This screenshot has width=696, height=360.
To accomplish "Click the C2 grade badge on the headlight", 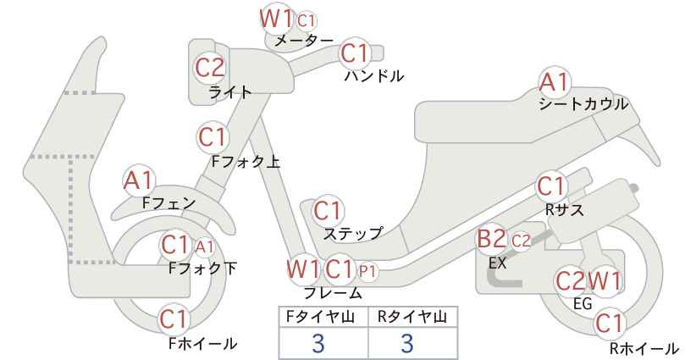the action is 210,69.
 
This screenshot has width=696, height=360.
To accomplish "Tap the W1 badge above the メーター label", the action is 276,19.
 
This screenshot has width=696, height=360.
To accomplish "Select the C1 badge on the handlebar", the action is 355,53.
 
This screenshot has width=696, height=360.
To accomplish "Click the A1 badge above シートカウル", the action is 555,83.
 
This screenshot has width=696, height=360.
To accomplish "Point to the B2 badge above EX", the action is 492,240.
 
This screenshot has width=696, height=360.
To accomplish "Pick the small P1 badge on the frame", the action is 367,271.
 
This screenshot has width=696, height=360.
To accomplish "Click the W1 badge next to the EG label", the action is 604,281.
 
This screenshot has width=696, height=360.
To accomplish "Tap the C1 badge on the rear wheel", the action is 610,324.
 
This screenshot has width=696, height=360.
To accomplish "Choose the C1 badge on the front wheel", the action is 175,319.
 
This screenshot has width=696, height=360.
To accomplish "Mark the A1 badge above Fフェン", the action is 139,181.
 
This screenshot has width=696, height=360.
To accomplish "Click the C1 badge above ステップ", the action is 328,211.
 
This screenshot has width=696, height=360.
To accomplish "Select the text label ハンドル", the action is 374,76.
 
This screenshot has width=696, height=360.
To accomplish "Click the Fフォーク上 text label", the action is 246,162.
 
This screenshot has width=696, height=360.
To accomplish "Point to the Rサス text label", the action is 564,209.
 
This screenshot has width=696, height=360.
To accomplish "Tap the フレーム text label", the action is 333,293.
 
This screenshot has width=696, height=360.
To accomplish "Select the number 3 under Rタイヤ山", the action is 407,344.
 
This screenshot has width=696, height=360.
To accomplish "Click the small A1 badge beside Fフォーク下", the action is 205,246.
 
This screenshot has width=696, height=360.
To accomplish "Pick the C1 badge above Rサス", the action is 552,187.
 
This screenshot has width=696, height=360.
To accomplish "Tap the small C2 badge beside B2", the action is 521,241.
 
